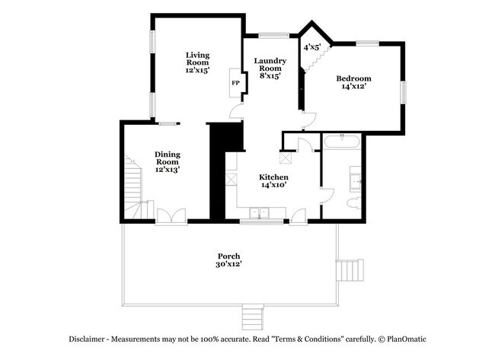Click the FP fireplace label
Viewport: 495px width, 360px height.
click(235, 83)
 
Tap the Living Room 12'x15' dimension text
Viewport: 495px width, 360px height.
click(198, 70)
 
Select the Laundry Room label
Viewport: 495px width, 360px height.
click(270, 65)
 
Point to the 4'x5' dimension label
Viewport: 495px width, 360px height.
click(312, 47)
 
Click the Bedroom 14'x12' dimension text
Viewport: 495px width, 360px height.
click(353, 86)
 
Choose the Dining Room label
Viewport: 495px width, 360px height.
click(168, 158)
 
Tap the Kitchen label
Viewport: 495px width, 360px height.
click(273, 177)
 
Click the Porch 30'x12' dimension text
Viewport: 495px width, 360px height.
click(229, 264)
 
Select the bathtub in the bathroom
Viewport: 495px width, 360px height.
click(342, 141)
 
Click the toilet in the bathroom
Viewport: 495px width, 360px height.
click(354, 203)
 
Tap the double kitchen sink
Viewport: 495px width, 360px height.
click(259, 213)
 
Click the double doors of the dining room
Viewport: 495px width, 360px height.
click(171, 216)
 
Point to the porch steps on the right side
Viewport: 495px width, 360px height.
click(350, 270)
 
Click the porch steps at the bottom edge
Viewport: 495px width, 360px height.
click(253, 317)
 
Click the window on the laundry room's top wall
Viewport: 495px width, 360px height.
click(273, 35)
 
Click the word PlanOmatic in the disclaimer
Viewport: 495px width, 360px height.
click(407, 339)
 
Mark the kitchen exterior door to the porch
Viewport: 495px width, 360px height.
click(299, 217)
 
